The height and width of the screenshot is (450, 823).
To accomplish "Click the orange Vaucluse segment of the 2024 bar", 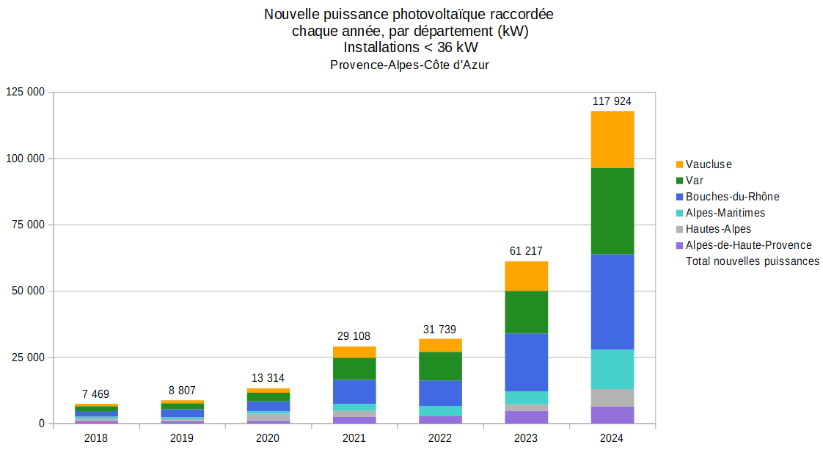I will coord(612,139).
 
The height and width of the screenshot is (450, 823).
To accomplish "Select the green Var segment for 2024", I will coord(612,211).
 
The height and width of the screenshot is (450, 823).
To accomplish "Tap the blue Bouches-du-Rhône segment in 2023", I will coord(527,362).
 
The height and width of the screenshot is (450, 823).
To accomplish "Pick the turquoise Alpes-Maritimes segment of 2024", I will coord(612,369).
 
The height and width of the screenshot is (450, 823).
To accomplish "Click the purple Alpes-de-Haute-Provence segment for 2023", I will coord(527,417).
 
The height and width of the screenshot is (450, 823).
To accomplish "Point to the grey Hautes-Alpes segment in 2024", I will coord(612,397).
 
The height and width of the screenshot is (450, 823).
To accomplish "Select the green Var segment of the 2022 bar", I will coord(440,366).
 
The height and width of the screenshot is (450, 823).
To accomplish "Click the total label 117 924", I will coord(612,101).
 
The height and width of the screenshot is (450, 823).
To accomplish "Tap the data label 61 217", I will coord(526,251).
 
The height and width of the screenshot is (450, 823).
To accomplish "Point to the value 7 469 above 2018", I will coord(96,394).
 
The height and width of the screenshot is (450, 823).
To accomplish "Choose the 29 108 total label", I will coord(354,336).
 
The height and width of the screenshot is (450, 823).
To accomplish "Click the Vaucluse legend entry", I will coord(708,164).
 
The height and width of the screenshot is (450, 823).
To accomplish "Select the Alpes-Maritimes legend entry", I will coord(725,213).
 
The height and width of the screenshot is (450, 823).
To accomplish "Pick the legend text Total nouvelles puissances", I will coord(752,261).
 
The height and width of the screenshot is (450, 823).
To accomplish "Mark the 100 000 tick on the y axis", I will coord(26,159).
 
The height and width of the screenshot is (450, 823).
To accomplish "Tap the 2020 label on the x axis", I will coord(267,438).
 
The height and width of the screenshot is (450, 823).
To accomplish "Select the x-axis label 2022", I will coord(439,438).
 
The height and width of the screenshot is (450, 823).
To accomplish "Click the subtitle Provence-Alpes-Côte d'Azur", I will coord(409,65).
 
